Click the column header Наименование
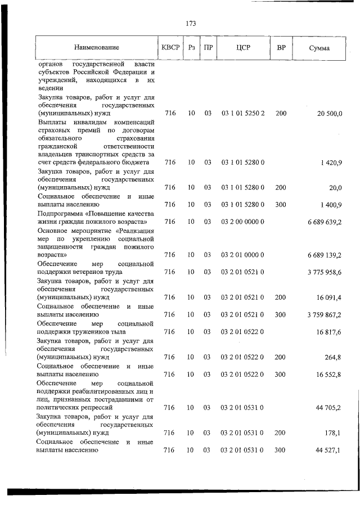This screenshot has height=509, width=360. pos(96,48)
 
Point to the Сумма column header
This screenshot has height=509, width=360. pos(319,48)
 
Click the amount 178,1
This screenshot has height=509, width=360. pos(334,433)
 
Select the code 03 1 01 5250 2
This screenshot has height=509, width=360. pos(243,114)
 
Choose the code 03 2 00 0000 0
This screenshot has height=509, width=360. pos(243,223)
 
